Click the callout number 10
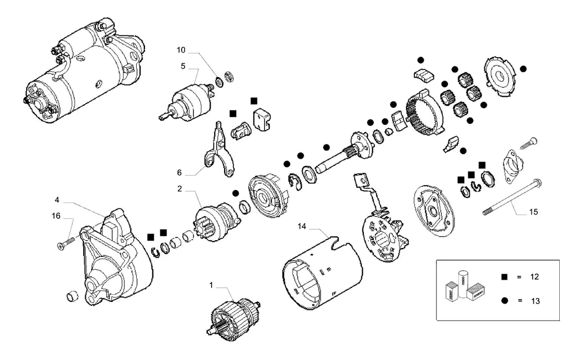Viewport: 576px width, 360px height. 181,50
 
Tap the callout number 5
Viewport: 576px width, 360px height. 183,66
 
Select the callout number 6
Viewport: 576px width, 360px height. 179,173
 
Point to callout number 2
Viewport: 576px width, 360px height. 180,189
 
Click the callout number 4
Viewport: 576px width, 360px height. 57,200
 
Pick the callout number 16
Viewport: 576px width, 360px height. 56,216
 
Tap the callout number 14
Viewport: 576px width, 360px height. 302,227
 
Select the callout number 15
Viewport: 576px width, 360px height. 534,212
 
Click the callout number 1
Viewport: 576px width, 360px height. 211,286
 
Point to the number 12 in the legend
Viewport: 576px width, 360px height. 535,277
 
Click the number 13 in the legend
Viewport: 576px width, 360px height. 535,301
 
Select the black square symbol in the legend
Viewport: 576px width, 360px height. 505,277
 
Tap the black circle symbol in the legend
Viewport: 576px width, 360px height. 505,300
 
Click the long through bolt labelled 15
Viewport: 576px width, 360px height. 513,197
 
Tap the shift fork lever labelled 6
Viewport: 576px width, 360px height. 219,151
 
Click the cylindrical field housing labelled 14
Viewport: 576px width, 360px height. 323,272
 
